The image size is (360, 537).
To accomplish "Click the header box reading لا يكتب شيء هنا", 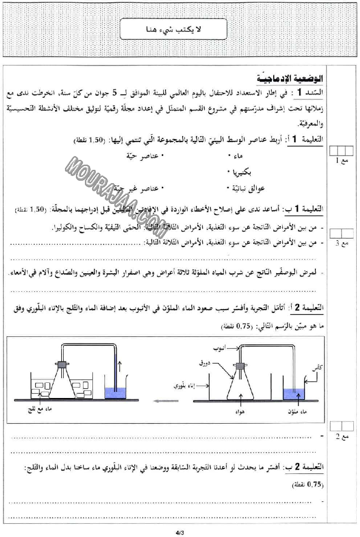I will coord(180,30).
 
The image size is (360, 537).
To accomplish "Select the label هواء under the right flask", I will coord(239,412).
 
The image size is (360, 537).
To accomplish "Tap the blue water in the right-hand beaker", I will coord(294,394).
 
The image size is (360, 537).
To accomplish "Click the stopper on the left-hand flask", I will coord(62,364).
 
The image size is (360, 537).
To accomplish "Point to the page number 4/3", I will coord(179,533).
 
